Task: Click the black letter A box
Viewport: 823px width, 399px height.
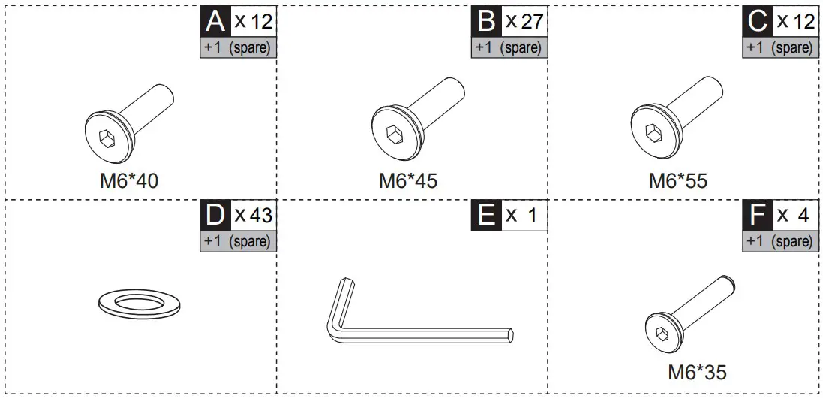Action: click(215, 21)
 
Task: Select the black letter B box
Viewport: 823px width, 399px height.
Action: click(487, 21)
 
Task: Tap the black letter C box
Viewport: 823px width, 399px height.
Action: click(758, 21)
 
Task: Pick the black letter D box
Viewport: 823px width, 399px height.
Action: click(215, 216)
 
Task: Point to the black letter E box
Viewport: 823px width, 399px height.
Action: click(487, 216)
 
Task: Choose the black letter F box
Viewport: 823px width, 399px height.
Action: click(758, 216)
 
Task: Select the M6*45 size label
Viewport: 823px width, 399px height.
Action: click(407, 181)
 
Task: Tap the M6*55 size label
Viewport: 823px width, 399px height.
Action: click(678, 181)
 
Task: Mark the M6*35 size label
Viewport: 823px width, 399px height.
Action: click(697, 371)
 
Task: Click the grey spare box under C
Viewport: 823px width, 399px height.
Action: click(779, 47)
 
